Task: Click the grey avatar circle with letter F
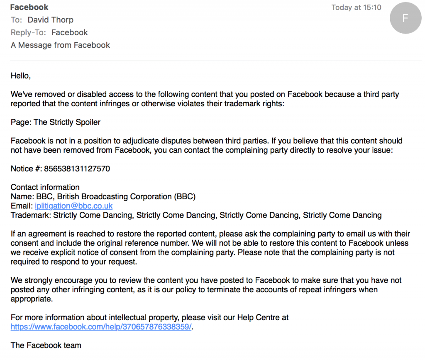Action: click(405, 18)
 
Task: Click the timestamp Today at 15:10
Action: click(356, 7)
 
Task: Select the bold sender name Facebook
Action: click(29, 7)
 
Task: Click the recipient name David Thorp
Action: click(50, 20)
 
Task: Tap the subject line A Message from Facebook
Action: click(60, 45)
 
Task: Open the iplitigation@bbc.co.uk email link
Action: click(74, 206)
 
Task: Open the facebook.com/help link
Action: click(101, 327)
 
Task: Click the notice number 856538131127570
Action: click(77, 169)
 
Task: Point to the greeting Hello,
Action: click(21, 76)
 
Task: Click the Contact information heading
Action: click(45, 187)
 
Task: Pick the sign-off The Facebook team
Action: click(46, 345)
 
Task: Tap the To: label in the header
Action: click(17, 20)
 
